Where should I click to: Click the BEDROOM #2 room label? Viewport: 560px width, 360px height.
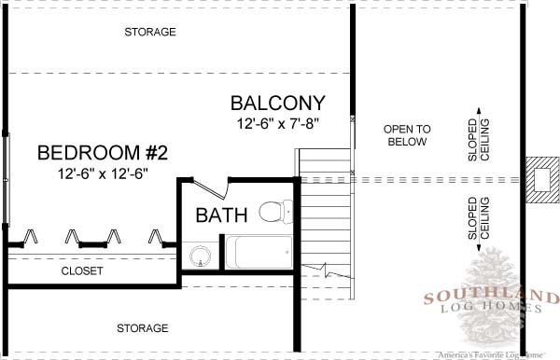pyautogui.click(x=103, y=153)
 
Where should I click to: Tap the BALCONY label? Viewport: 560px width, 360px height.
pyautogui.click(x=278, y=104)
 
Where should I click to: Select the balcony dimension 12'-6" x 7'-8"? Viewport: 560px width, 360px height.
pyautogui.click(x=278, y=124)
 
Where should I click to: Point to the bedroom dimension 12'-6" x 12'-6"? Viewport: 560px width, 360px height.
pyautogui.click(x=103, y=173)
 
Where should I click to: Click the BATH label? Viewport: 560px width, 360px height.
pyautogui.click(x=221, y=215)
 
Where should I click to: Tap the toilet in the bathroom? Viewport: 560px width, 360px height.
pyautogui.click(x=275, y=212)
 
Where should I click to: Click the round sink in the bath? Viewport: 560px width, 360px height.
pyautogui.click(x=201, y=256)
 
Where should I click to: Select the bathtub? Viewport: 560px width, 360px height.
pyautogui.click(x=259, y=252)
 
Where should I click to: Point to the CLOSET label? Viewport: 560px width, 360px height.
pyautogui.click(x=82, y=270)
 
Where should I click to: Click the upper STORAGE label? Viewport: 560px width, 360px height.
pyautogui.click(x=150, y=32)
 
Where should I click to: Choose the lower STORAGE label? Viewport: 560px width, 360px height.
pyautogui.click(x=143, y=328)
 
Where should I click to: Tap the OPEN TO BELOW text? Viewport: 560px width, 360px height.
pyautogui.click(x=407, y=135)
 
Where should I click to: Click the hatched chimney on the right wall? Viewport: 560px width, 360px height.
pyautogui.click(x=542, y=180)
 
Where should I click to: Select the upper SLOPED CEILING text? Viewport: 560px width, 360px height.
pyautogui.click(x=479, y=140)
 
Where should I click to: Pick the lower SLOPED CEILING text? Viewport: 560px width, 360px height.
pyautogui.click(x=479, y=218)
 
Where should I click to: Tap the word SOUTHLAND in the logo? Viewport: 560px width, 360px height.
pyautogui.click(x=492, y=297)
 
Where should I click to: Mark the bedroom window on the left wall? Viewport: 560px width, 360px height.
pyautogui.click(x=6, y=179)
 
